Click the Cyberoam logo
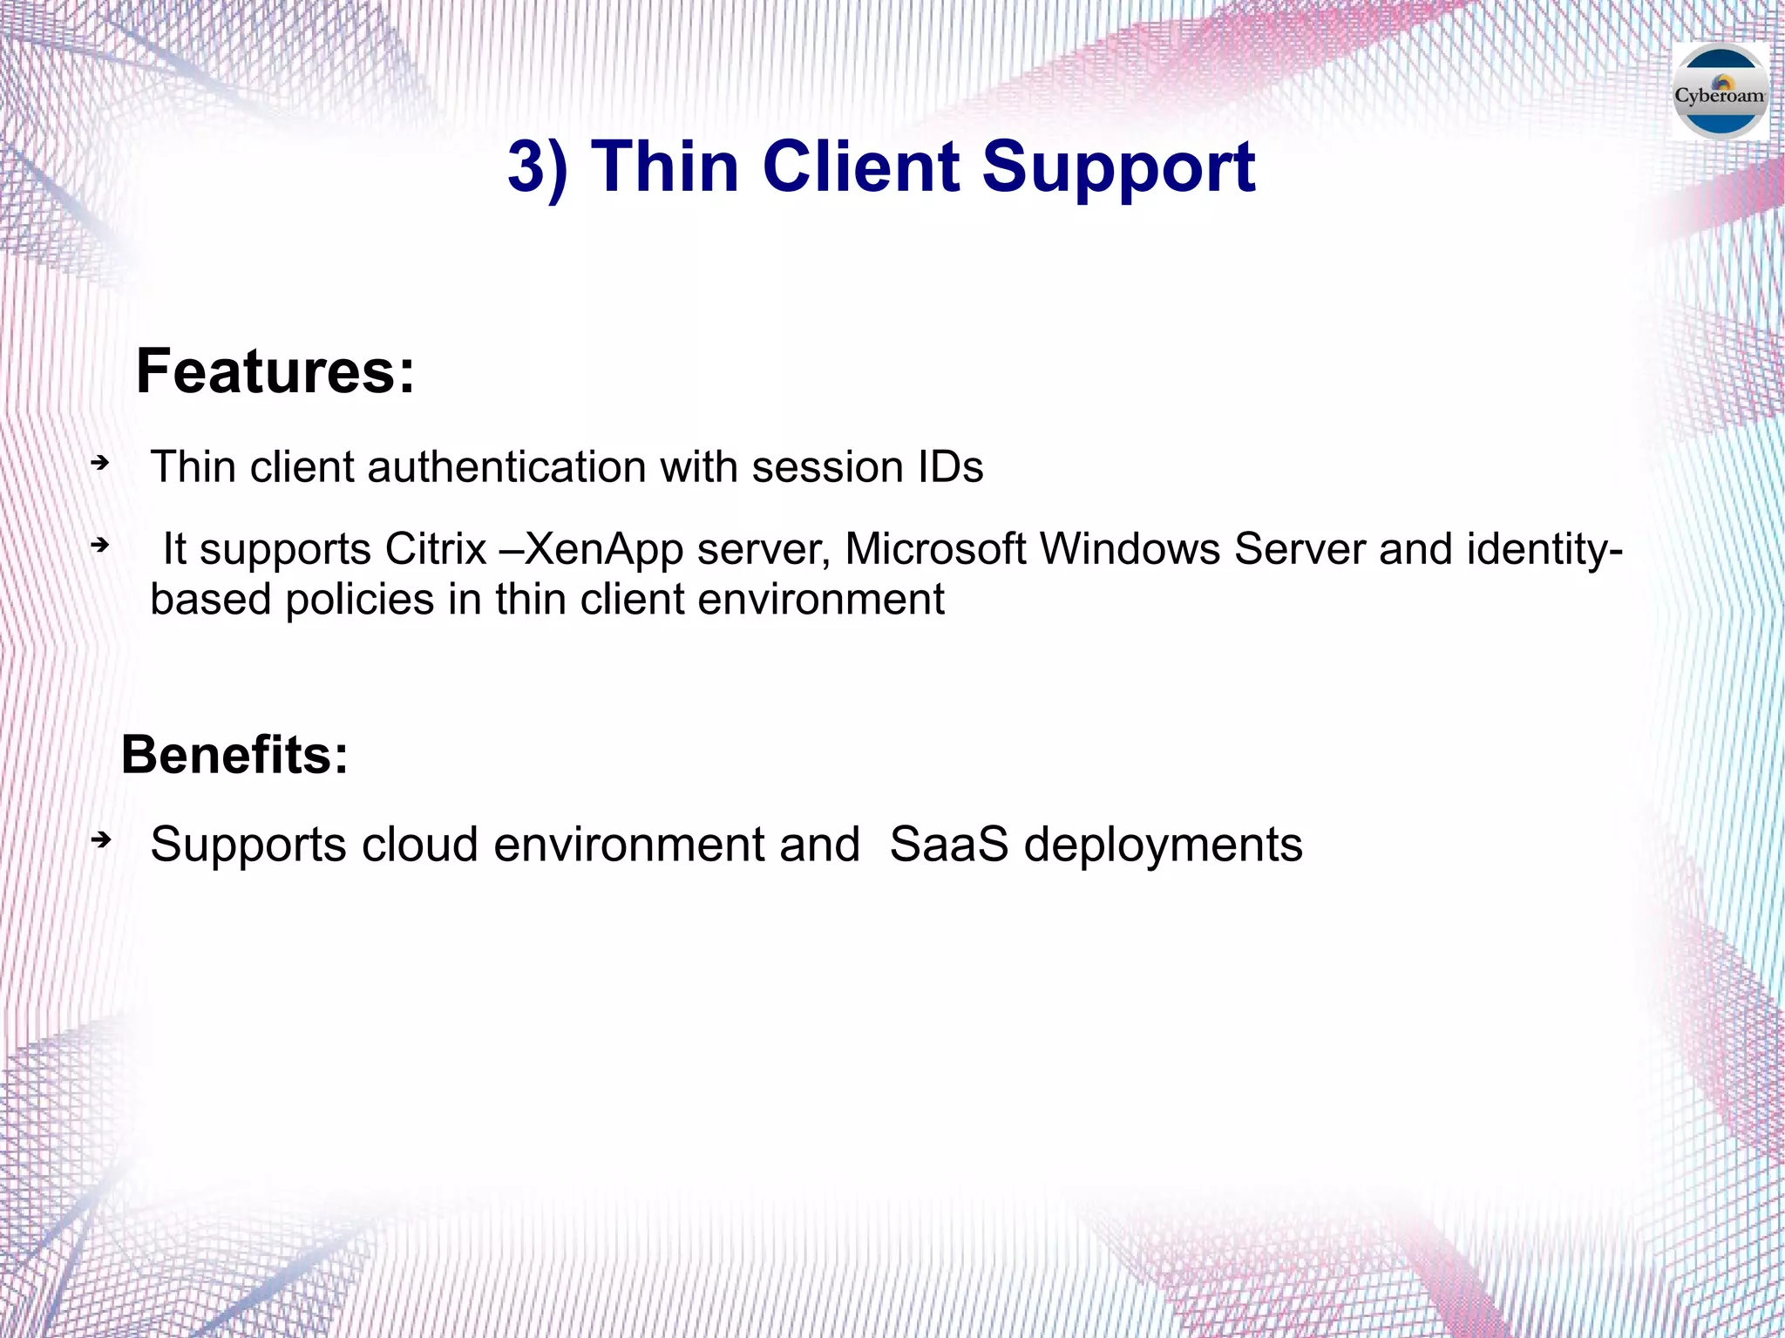point(1720,92)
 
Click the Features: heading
point(275,372)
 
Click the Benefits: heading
point(234,755)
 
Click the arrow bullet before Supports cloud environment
point(101,840)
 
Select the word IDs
point(950,467)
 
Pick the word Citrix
point(436,550)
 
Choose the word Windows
point(1130,550)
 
